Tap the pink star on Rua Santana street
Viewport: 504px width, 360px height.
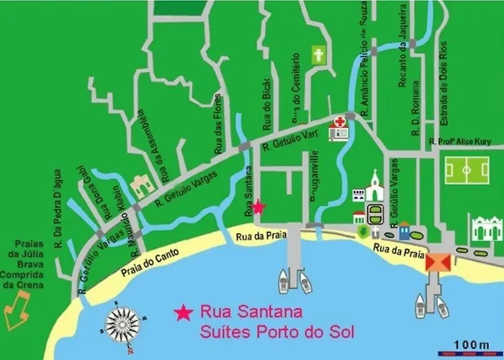(x=258, y=207)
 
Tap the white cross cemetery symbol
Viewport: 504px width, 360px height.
(x=318, y=55)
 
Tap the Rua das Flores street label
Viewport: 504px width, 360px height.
(x=219, y=134)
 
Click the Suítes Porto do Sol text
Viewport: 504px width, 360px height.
(x=280, y=332)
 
